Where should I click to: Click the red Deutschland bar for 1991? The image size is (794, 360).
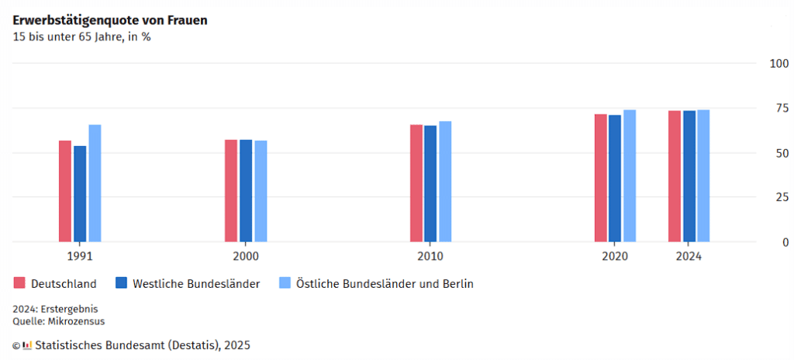[65, 191]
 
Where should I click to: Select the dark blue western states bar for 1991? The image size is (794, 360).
[80, 194]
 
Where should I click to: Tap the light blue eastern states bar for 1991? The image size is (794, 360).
[95, 183]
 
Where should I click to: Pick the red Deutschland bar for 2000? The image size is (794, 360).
[231, 191]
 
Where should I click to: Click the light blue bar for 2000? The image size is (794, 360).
[261, 191]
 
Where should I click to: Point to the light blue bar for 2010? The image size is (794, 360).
[445, 182]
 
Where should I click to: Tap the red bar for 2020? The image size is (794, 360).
[601, 178]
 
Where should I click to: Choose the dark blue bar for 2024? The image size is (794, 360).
[689, 176]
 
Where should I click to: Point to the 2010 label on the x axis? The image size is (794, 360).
[430, 256]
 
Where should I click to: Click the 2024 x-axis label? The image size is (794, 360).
[689, 256]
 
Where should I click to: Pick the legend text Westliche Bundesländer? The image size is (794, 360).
[196, 284]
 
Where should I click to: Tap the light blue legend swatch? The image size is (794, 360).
[285, 283]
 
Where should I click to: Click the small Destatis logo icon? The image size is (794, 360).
[27, 345]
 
